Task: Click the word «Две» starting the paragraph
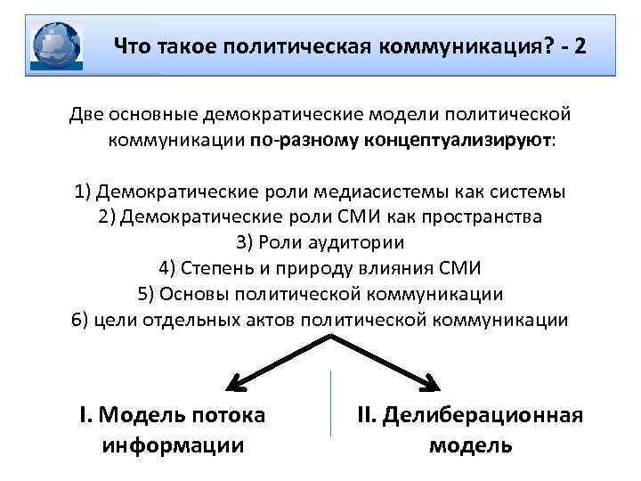pos(88,116)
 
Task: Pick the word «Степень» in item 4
pos(215,268)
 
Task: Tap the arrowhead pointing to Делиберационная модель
pos(434,385)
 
